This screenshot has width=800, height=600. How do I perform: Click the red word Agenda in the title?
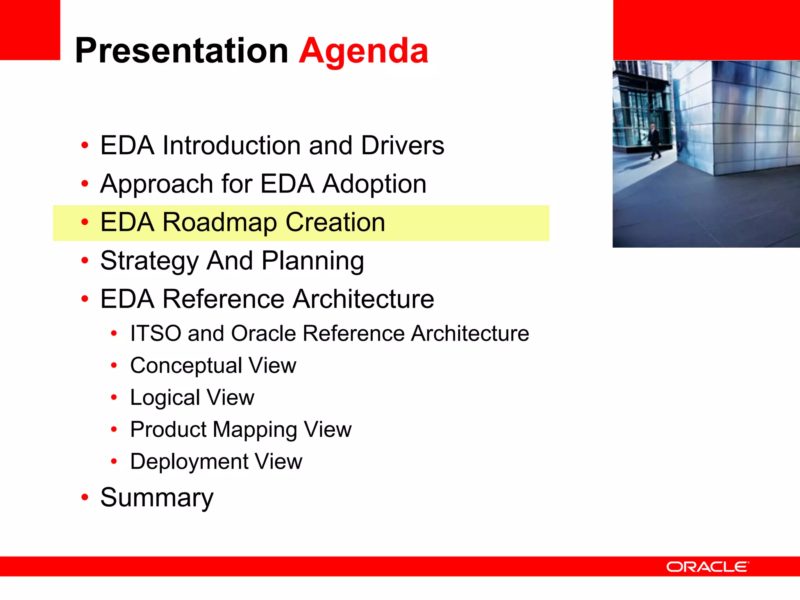[364, 51]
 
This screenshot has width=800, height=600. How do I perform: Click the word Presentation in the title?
[182, 51]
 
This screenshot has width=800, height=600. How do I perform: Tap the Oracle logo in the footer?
[707, 567]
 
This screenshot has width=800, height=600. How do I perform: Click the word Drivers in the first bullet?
[402, 145]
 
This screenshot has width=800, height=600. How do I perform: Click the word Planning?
[312, 261]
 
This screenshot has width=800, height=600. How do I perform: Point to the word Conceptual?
[186, 366]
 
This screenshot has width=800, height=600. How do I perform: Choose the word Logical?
[165, 398]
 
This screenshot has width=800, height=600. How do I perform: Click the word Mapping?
[255, 430]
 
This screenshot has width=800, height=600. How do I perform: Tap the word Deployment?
[189, 462]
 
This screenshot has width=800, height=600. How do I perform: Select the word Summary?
[157, 498]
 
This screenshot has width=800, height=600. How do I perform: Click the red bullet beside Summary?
[85, 498]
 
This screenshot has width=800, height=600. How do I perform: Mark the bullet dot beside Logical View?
[114, 398]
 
